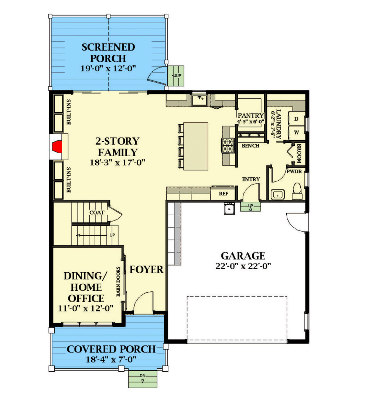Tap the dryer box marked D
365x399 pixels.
(x=296, y=119)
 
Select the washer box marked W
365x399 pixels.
(x=296, y=132)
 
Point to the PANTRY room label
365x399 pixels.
(x=250, y=115)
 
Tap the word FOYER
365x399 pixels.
(x=146, y=270)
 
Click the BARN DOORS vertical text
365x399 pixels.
(x=119, y=282)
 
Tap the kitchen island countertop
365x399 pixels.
(x=196, y=146)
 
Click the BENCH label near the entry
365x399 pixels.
(x=250, y=146)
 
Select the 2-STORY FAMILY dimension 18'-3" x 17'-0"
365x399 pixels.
(x=117, y=161)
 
